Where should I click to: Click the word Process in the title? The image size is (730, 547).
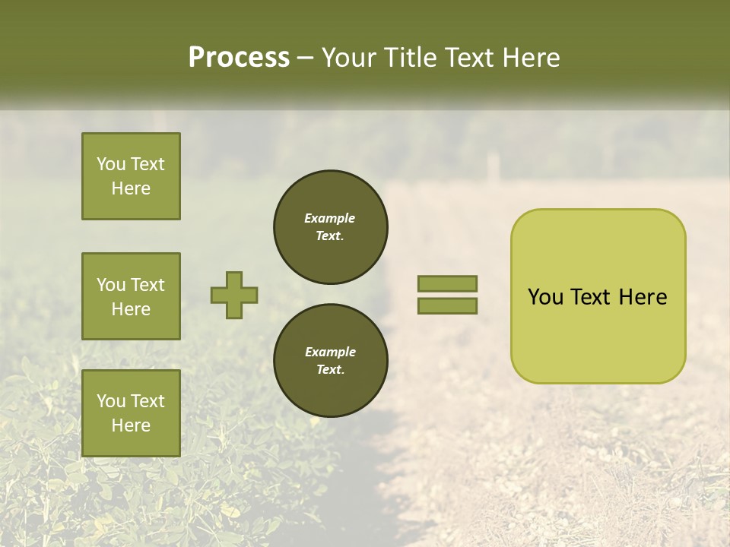[x=239, y=58]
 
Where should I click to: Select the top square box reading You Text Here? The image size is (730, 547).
[x=131, y=176]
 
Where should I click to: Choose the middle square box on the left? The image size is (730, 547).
[x=131, y=296]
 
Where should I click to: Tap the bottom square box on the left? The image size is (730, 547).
[x=131, y=413]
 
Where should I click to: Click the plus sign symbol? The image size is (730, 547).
[x=234, y=295]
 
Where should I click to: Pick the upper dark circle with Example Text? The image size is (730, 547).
[x=330, y=227]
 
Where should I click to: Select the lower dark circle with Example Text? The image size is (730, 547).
[x=330, y=361]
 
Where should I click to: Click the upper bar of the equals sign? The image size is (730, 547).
[x=447, y=283]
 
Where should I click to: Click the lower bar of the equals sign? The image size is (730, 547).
[x=447, y=306]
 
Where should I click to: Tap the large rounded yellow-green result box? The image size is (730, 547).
[x=598, y=296]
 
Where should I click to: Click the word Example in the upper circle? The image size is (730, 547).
[x=330, y=218]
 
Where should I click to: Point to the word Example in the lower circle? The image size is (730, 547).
[x=330, y=352]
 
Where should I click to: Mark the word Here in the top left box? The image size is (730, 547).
[x=131, y=188]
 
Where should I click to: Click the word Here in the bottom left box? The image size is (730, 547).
[x=131, y=425]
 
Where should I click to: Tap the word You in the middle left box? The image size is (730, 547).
[x=111, y=285]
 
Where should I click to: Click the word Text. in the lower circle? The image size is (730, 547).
[x=330, y=370]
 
